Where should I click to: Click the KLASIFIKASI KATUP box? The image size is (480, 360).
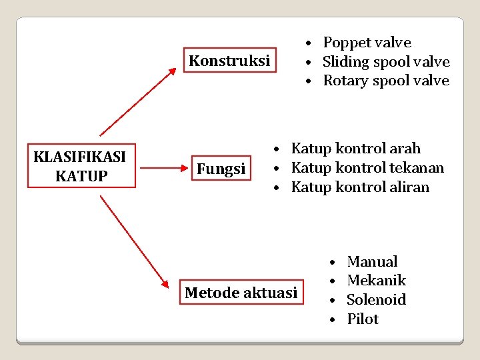pyautogui.click(x=79, y=166)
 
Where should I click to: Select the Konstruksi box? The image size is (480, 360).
pyautogui.click(x=229, y=61)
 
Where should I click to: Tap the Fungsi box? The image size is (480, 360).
pyautogui.click(x=221, y=169)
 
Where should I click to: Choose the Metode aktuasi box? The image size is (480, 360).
pyautogui.click(x=241, y=292)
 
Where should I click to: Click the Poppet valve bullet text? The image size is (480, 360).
pyautogui.click(x=367, y=43)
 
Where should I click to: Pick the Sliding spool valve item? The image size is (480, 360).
pyautogui.click(x=386, y=62)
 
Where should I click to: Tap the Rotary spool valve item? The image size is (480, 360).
pyautogui.click(x=386, y=81)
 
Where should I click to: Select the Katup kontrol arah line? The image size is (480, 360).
pyautogui.click(x=356, y=149)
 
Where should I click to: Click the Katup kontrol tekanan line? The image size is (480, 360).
pyautogui.click(x=367, y=168)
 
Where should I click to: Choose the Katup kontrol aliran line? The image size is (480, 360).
pyautogui.click(x=360, y=187)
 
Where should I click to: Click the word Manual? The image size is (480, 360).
pyautogui.click(x=372, y=261)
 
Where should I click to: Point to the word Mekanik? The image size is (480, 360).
pyautogui.click(x=376, y=281)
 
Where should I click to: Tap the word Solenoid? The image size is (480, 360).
pyautogui.click(x=376, y=300)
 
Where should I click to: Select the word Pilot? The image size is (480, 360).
pyautogui.click(x=363, y=319)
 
